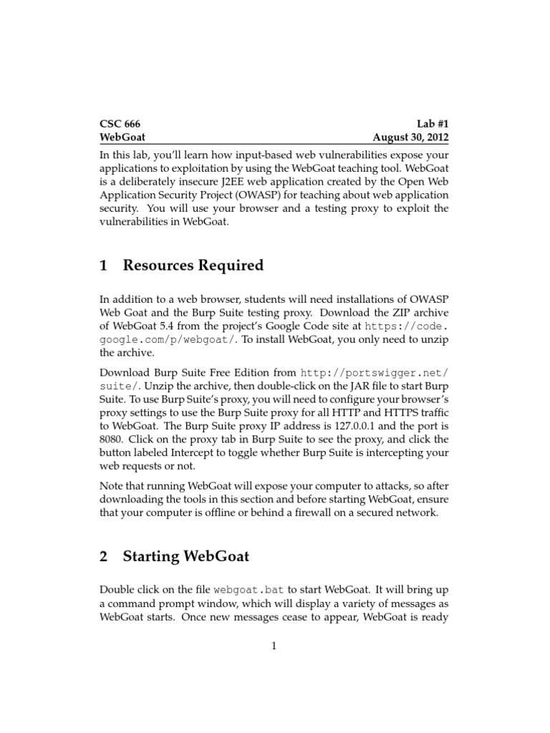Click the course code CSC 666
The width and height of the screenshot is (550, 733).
point(120,123)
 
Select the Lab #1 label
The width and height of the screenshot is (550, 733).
point(432,123)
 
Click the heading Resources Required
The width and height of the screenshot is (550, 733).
point(193,266)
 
